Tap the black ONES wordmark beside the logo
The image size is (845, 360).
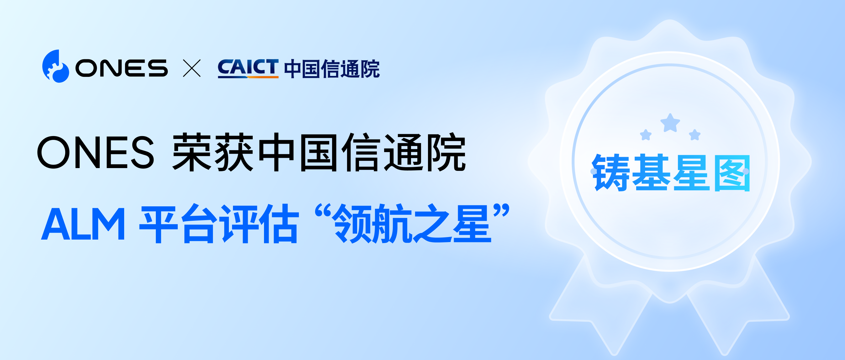(121, 68)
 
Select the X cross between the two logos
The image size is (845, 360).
(192, 68)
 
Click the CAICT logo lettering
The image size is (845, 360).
(248, 68)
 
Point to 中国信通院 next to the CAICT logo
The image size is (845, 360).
(332, 69)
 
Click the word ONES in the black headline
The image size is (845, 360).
(95, 152)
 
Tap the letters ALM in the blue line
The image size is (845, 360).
(83, 224)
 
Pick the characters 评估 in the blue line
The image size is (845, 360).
(259, 224)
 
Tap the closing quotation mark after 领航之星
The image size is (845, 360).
(501, 211)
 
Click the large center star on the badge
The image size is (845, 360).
(670, 123)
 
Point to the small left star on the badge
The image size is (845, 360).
(646, 135)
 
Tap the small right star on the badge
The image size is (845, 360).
(694, 135)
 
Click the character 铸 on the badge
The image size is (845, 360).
(610, 172)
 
